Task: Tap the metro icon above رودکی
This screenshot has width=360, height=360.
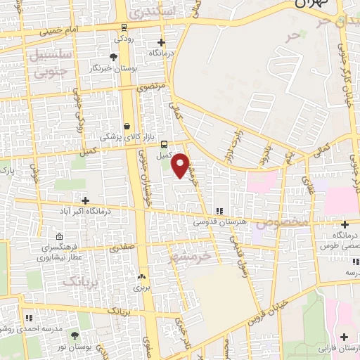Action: coord(124,27)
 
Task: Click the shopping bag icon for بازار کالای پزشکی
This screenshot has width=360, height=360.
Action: coord(127,127)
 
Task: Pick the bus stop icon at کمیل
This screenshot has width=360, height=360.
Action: coord(164,144)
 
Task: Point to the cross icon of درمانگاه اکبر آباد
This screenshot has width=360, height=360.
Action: coord(86,200)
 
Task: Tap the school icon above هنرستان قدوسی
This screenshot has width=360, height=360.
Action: coord(219,211)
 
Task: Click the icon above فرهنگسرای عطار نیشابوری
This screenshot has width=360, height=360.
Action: coord(59,237)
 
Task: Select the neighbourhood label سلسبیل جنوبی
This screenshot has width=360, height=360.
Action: coord(49,61)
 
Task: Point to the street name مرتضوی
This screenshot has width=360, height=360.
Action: coord(153,87)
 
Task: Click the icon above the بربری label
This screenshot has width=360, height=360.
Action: coord(141,277)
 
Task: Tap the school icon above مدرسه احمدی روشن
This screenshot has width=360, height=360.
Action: coord(28,319)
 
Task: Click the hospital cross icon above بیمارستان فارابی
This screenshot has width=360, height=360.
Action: coord(343,337)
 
